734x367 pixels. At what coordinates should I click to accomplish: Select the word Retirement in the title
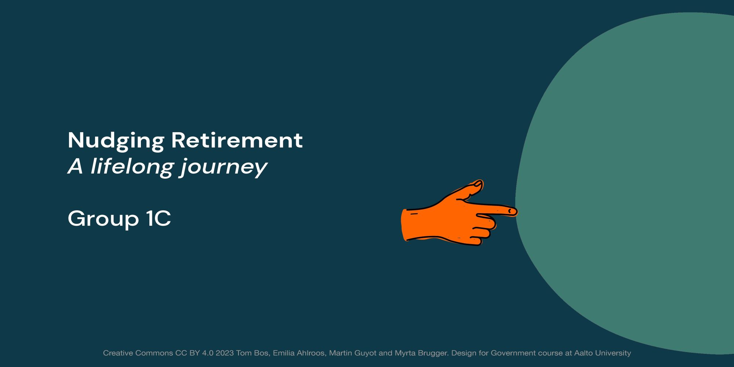coord(237,140)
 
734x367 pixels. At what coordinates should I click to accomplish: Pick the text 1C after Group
coord(159,218)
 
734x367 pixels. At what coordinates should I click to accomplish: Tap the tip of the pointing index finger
coord(517,211)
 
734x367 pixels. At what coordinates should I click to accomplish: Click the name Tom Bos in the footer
coord(252,353)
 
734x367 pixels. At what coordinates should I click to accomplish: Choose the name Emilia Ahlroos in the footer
coord(299,353)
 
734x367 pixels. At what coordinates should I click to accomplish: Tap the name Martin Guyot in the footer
coord(353,353)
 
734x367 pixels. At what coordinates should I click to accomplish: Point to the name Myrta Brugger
coord(421,353)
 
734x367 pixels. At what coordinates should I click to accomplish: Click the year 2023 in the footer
coord(225,353)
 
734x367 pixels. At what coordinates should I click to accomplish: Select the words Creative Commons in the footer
coord(138,353)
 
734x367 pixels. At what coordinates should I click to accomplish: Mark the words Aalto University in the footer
coord(603,353)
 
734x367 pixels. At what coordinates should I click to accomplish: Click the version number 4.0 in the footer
coord(208,353)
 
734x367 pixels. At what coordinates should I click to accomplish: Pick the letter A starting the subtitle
coord(76,166)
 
